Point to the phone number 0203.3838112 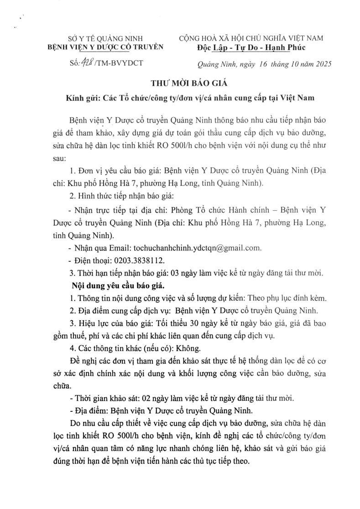[x=136, y=260]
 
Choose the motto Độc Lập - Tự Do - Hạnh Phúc [x=248, y=47]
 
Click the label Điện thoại [x=89, y=260]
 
